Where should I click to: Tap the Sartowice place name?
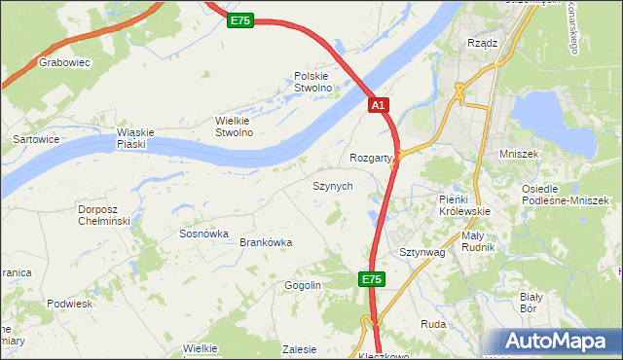(x=36, y=139)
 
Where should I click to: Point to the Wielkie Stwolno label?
(x=234, y=126)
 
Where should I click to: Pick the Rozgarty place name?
(x=371, y=158)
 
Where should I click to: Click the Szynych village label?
(x=332, y=185)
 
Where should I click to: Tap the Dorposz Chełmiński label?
(x=103, y=214)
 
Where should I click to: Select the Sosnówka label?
(x=203, y=234)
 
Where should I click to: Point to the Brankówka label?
(x=266, y=243)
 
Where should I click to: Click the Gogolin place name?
(x=303, y=285)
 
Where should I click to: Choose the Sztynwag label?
(x=421, y=252)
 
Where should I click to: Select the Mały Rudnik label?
(x=478, y=241)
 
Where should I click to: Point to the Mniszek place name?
(x=545, y=154)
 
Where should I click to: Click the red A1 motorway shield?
(x=380, y=105)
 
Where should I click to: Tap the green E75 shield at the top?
(x=240, y=19)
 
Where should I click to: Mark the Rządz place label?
(x=483, y=43)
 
